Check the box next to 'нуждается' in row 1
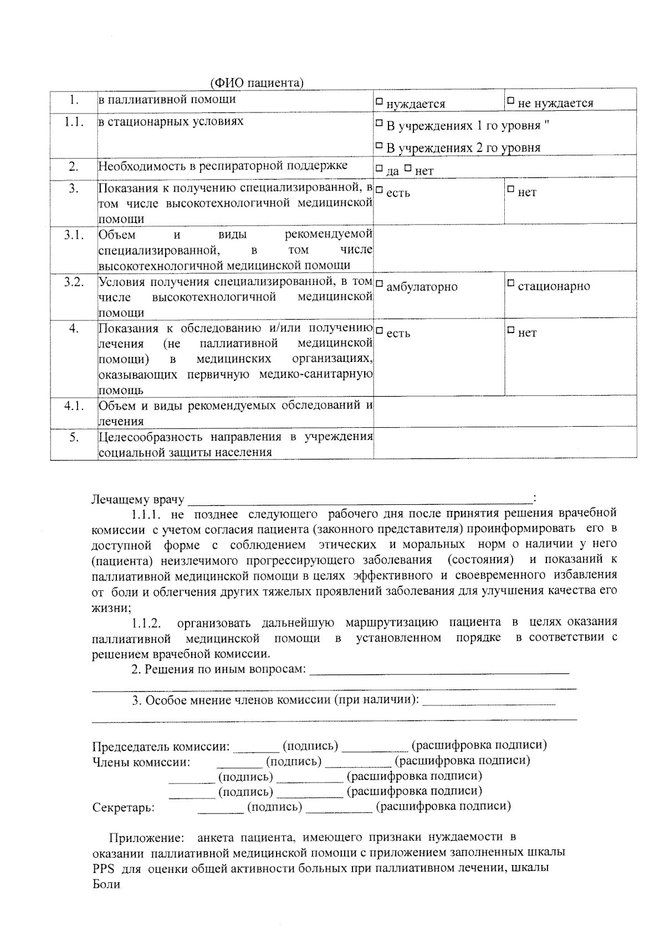(380, 102)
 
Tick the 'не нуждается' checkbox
(511, 101)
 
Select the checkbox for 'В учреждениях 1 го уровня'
(380, 124)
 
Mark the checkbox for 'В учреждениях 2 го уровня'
(380, 146)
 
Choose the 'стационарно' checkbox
(511, 284)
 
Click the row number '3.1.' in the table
(73, 235)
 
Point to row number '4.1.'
(73, 406)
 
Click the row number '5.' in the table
(73, 437)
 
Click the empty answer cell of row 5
(504, 443)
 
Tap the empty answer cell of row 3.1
(504, 249)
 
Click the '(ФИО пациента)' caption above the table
(257, 83)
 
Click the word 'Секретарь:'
(124, 807)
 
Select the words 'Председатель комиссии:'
(161, 746)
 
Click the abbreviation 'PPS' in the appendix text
(103, 868)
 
